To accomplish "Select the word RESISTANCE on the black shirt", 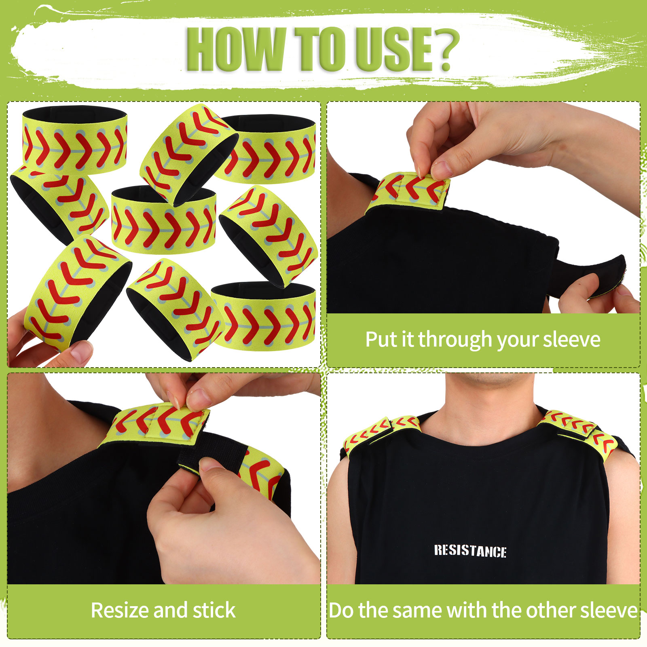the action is (470, 551).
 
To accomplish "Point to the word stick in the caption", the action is (214, 610).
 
